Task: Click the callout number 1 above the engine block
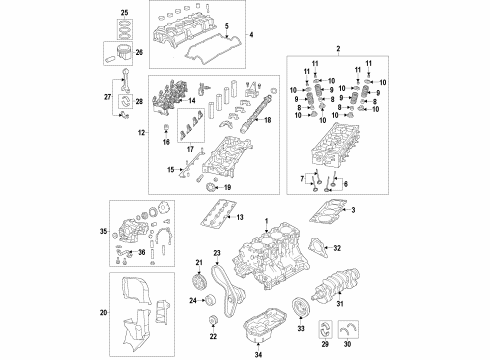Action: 266,221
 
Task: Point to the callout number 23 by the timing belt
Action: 215,254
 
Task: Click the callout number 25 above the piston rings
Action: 125,13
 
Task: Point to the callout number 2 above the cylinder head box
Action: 338,49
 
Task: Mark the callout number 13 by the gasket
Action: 239,217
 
